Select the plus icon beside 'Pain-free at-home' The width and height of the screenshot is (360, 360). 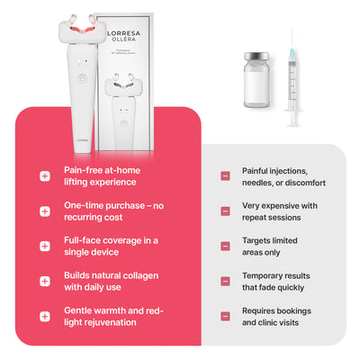click(x=45, y=175)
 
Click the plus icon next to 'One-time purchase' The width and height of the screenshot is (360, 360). click(x=45, y=211)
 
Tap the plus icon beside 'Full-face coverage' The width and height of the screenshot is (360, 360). click(x=45, y=246)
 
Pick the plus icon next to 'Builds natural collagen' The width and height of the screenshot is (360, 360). click(x=45, y=281)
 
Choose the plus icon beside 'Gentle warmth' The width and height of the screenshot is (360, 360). click(x=45, y=316)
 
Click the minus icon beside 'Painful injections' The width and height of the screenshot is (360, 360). click(x=225, y=175)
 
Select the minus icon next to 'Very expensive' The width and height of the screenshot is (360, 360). click(x=225, y=211)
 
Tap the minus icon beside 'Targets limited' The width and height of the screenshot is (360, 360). click(x=225, y=246)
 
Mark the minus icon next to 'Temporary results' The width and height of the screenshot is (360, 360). click(x=225, y=281)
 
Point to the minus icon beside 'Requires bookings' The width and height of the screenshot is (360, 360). click(x=225, y=316)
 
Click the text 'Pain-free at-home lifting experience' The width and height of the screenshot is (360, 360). click(x=101, y=175)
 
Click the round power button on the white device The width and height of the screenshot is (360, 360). click(x=82, y=76)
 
